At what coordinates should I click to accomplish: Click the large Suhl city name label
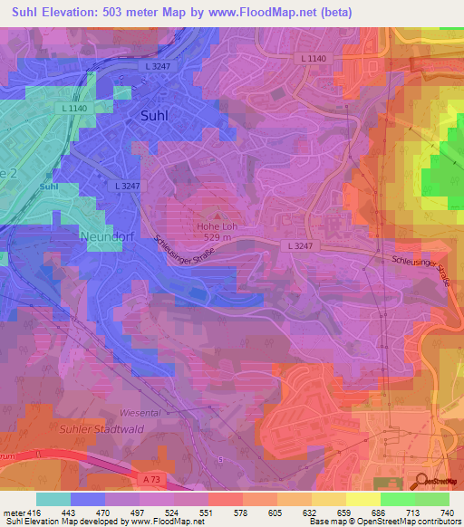(159, 115)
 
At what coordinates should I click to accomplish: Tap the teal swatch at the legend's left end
(53, 499)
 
